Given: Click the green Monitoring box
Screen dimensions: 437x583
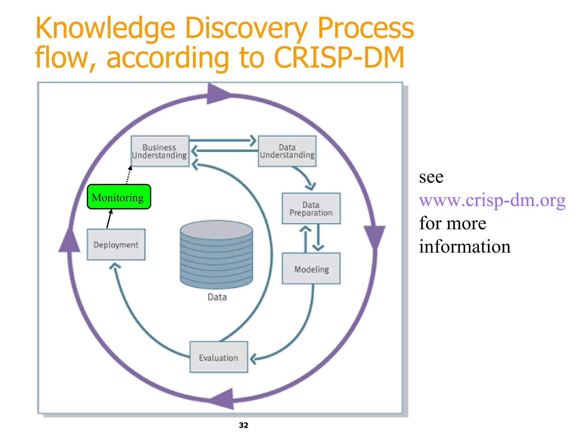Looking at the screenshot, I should (119, 197).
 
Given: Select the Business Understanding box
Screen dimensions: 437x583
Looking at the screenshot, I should (160, 151).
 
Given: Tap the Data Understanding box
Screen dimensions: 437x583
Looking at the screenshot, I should (287, 151).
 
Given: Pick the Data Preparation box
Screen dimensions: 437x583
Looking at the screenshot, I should (311, 209).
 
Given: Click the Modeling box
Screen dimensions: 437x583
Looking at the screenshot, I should (311, 269).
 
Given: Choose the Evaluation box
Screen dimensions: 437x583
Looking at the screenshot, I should (219, 357).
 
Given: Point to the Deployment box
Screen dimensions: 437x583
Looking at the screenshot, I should (116, 244).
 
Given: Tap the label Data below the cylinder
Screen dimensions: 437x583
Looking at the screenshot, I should (217, 297).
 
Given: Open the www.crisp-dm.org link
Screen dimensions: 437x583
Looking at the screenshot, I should (492, 200).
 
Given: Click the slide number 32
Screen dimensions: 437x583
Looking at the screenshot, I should (243, 425).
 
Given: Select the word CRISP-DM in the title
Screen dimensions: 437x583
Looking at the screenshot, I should (339, 57).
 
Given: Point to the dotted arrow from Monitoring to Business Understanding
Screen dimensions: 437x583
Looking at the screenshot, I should (128, 175).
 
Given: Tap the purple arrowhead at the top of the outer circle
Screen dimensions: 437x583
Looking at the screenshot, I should (218, 94).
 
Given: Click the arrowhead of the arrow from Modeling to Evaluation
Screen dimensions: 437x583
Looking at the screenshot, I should (253, 359).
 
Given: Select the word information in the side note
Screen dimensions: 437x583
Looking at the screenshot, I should (465, 246).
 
